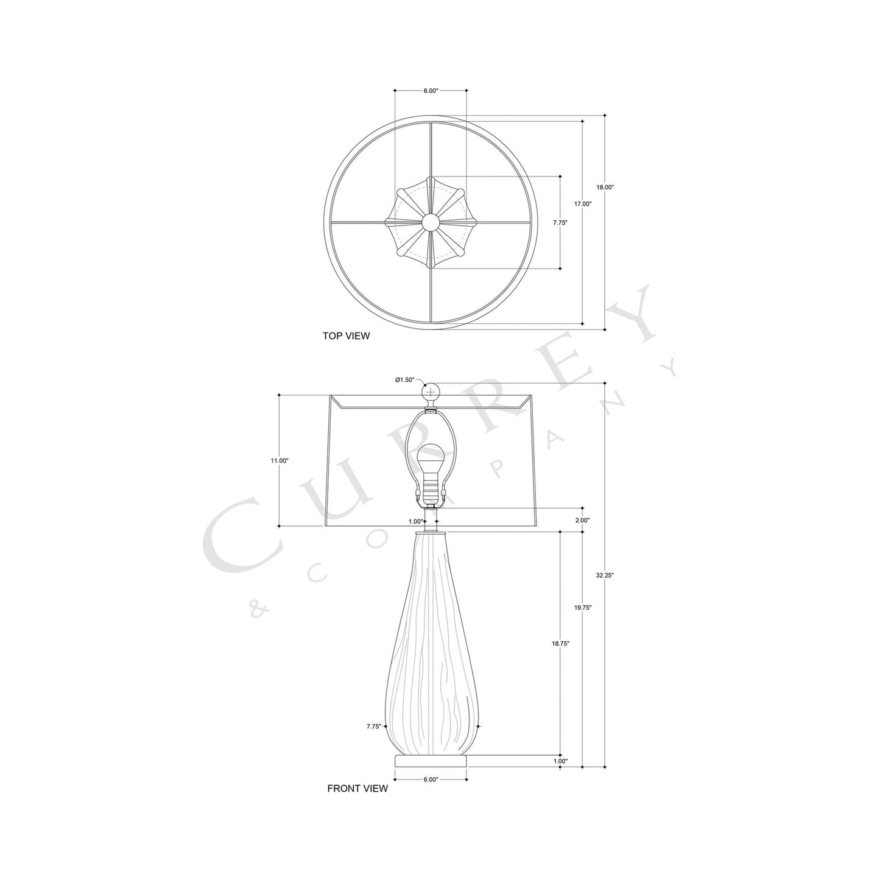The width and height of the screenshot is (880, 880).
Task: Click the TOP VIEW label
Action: pos(345,336)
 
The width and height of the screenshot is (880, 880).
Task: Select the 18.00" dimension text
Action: pos(605,188)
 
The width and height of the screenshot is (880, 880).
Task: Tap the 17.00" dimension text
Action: pos(583,204)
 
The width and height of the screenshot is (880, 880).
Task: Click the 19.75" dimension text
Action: pos(583,607)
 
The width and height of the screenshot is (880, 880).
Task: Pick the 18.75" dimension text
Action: pos(560,643)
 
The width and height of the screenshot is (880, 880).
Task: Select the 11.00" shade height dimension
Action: pos(280,461)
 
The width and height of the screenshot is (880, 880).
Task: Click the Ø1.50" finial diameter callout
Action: pos(404,380)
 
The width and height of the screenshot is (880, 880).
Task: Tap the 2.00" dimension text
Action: pos(583,520)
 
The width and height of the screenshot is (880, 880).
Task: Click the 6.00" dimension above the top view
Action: pos(430,91)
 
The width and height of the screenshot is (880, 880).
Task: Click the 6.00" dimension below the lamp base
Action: pos(430,780)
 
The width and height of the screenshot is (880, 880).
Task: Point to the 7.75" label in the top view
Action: pos(560,223)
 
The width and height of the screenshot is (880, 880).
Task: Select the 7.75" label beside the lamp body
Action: pos(374,726)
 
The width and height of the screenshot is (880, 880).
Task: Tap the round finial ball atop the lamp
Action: pos(431,390)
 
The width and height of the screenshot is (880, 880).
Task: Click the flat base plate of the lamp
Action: pos(431,761)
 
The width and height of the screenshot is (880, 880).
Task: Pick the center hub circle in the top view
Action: pos(431,222)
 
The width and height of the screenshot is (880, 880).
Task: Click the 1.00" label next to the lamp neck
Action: pos(415,521)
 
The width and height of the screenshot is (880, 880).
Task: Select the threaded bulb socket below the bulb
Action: pos(431,487)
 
